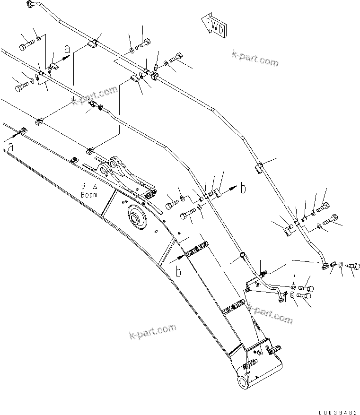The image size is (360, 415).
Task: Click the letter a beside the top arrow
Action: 67,49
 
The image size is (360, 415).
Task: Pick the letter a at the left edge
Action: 11,147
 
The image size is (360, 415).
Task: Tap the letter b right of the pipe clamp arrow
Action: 243,188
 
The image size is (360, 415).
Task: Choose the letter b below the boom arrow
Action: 178,271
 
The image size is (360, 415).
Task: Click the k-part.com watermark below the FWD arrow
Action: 255,60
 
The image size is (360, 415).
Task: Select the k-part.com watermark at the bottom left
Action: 152,331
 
